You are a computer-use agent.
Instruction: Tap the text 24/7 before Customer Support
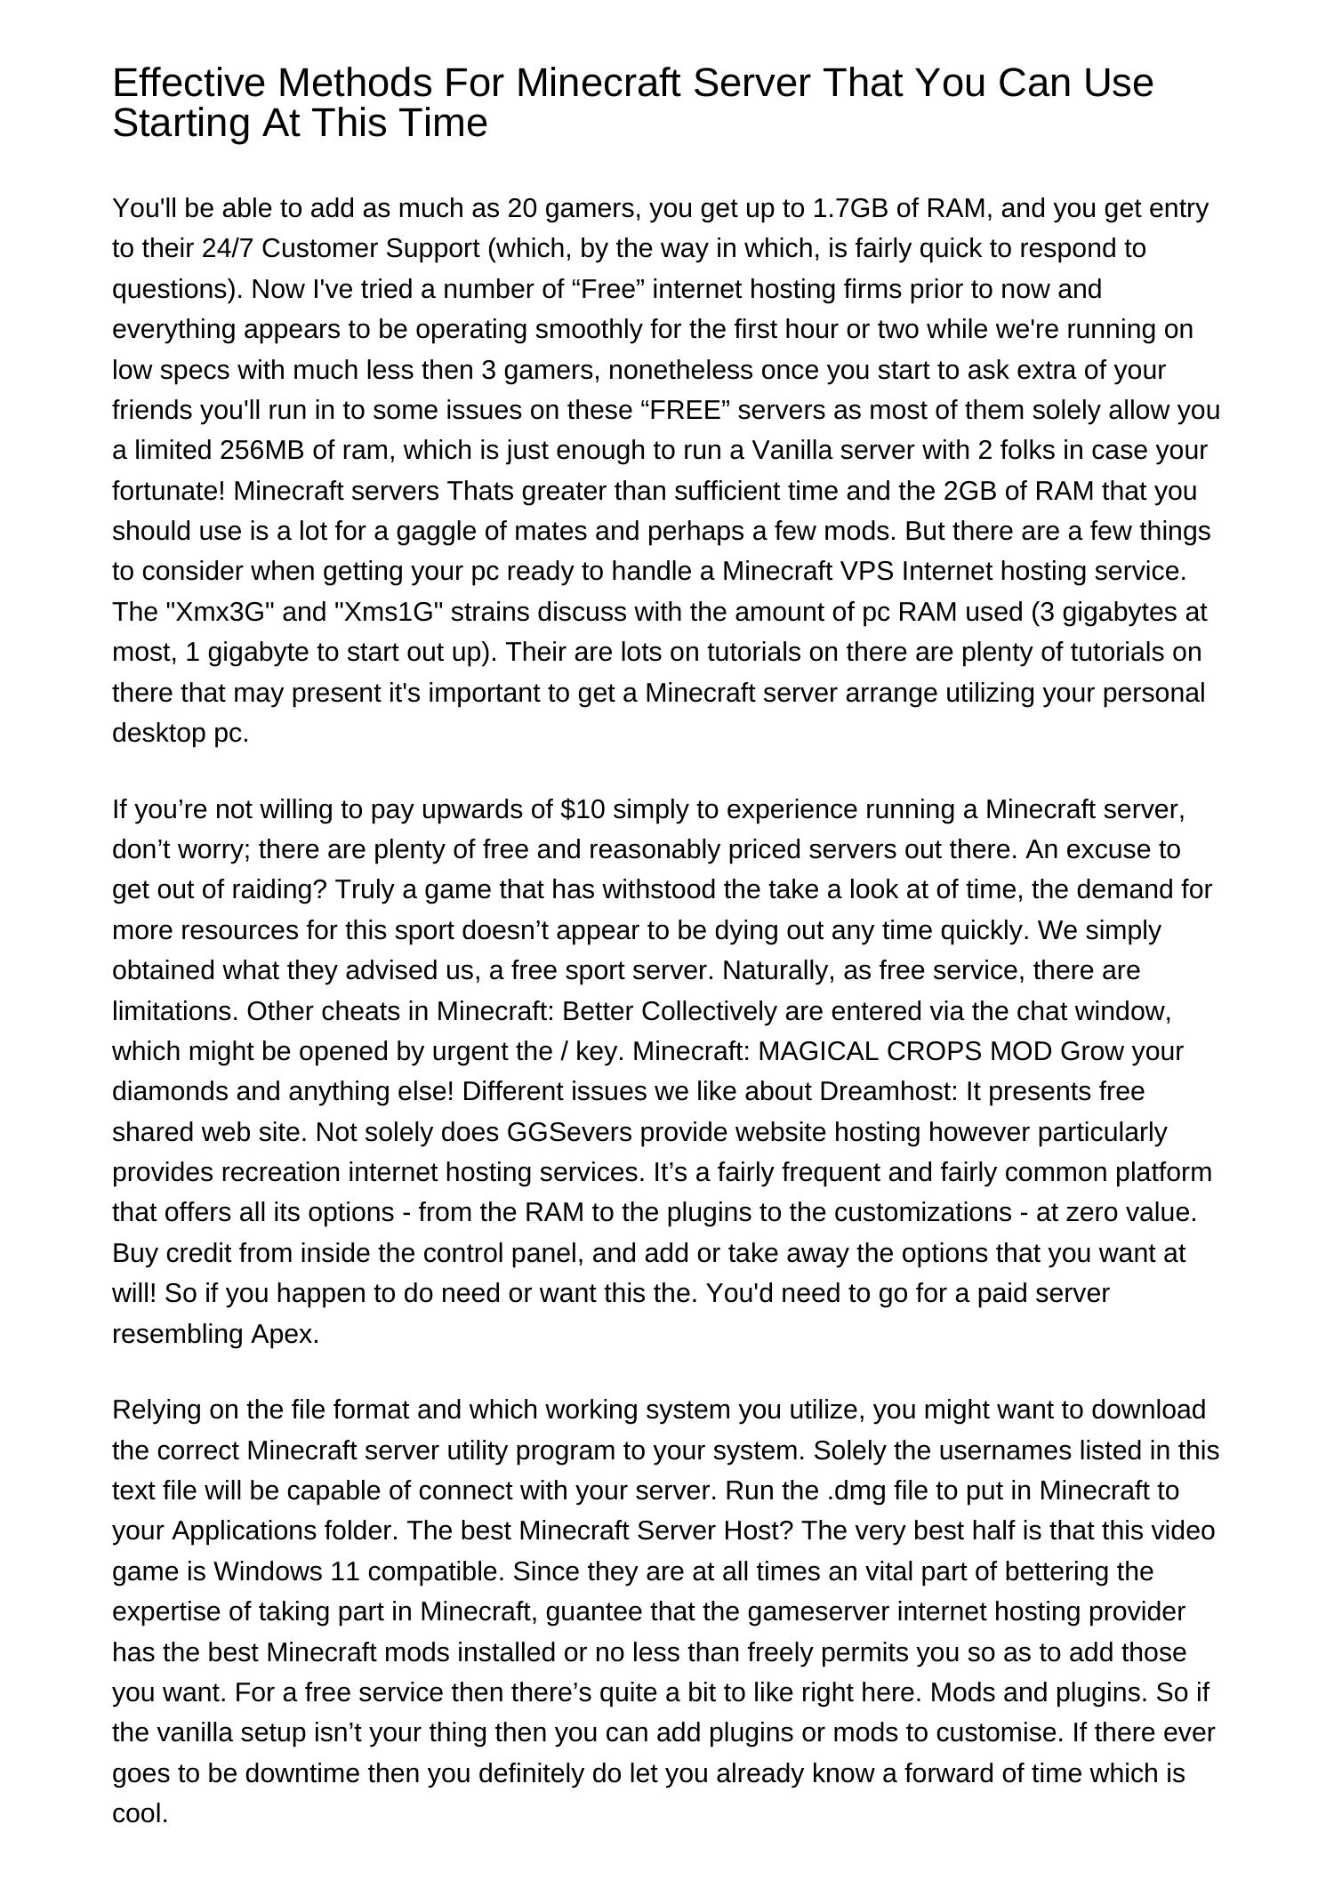[228, 248]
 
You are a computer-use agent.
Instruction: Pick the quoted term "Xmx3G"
[202, 612]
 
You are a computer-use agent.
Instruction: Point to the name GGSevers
[558, 1132]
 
